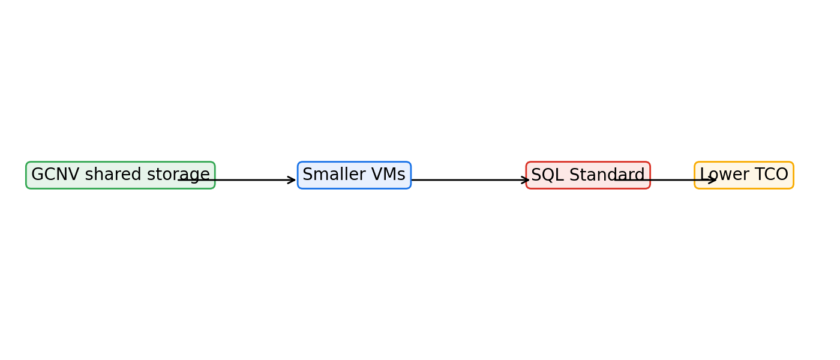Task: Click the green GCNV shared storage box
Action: point(121,175)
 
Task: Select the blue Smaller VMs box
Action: point(355,175)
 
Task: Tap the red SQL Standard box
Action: point(588,175)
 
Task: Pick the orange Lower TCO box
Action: point(744,175)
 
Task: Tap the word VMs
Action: point(388,175)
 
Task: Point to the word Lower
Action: point(718,175)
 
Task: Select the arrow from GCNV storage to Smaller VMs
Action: point(237,180)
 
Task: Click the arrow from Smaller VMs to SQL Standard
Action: point(470,180)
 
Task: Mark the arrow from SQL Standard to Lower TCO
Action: point(665,180)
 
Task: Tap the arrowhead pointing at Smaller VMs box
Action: point(292,180)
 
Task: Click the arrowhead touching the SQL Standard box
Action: point(526,180)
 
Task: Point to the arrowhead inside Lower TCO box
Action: point(713,180)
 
